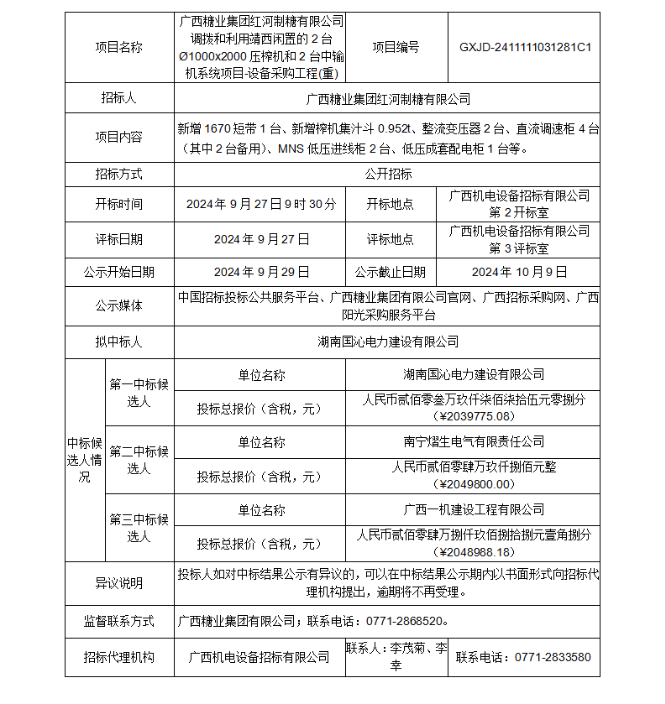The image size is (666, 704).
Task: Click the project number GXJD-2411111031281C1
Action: (x=525, y=48)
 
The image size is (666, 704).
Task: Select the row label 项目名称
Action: (x=119, y=48)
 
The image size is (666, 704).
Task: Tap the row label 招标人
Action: (x=119, y=99)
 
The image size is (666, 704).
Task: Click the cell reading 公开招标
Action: (x=388, y=175)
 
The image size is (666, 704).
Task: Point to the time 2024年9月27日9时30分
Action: (x=261, y=204)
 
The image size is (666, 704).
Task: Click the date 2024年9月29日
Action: (x=261, y=272)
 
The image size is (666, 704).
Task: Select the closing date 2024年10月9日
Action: (x=520, y=272)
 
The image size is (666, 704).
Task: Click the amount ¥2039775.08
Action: (x=474, y=416)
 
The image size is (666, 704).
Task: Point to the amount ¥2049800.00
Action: (x=474, y=484)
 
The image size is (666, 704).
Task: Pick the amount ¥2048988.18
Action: (x=474, y=552)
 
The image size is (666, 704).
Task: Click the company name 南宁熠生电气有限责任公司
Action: (x=474, y=441)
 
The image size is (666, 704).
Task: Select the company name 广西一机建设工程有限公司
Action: (x=474, y=509)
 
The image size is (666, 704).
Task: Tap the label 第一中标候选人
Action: (x=139, y=393)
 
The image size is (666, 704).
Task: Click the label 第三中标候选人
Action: (x=139, y=528)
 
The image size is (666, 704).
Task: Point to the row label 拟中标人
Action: (x=119, y=342)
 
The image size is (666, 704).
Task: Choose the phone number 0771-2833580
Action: (x=552, y=657)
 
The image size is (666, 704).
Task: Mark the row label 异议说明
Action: (x=119, y=582)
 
